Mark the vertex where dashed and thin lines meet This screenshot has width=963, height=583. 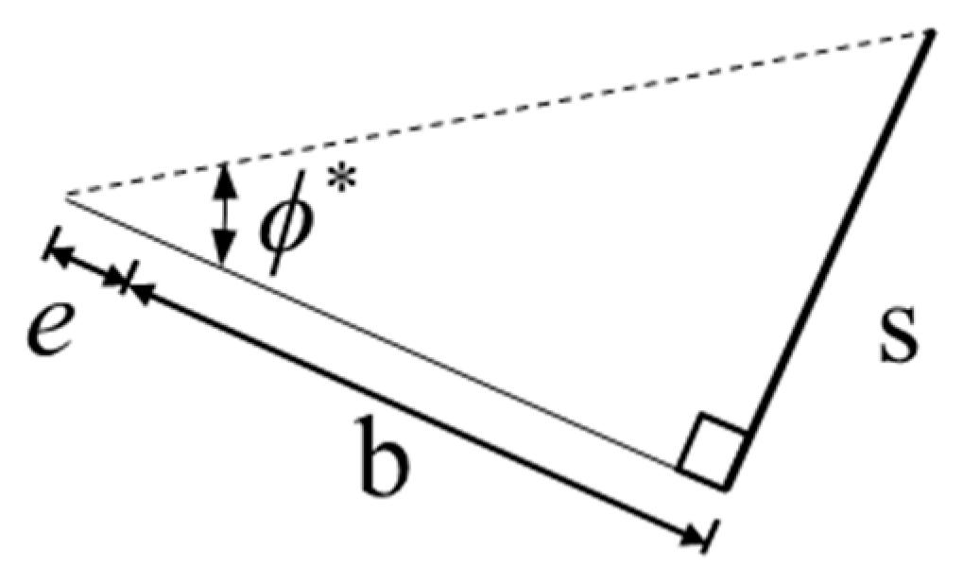pyautogui.click(x=66, y=197)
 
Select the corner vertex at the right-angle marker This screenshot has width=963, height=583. pyautogui.click(x=726, y=488)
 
